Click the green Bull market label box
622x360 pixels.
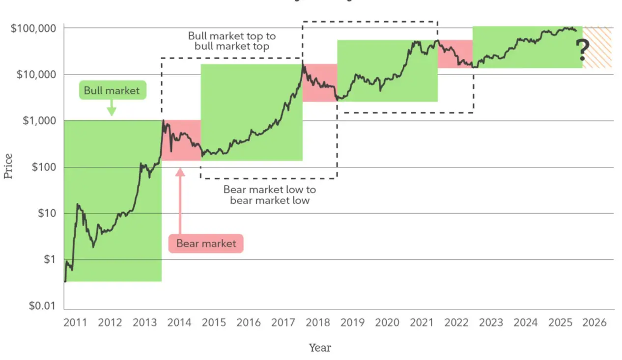[112, 90]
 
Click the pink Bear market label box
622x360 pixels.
[206, 243]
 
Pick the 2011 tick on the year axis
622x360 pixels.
[75, 323]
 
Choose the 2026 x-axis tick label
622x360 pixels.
[595, 323]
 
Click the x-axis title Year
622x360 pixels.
[320, 348]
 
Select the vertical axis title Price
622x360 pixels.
[8, 166]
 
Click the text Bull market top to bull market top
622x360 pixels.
[232, 41]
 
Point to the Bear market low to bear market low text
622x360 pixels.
[270, 195]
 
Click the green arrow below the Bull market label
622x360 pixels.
[112, 108]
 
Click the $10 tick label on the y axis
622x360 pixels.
[46, 214]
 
